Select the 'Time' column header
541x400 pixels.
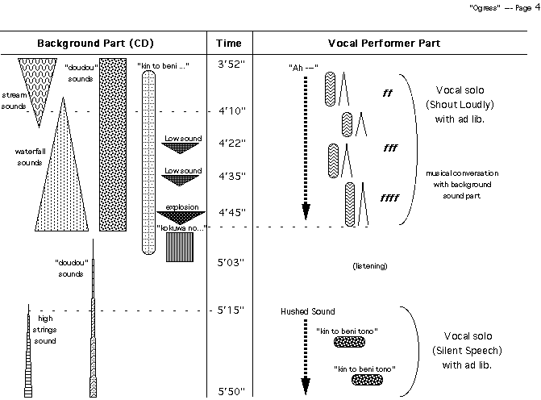[230, 43]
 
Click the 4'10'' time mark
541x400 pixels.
[231, 110]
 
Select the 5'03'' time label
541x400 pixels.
[231, 262]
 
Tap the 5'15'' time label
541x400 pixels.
[231, 310]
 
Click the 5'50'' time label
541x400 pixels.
[231, 391]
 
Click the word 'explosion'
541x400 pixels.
[182, 207]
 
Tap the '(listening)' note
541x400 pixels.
[370, 265]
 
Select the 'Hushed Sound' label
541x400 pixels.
[302, 311]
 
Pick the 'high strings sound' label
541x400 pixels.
[45, 330]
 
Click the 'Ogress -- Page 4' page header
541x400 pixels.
[503, 6]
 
